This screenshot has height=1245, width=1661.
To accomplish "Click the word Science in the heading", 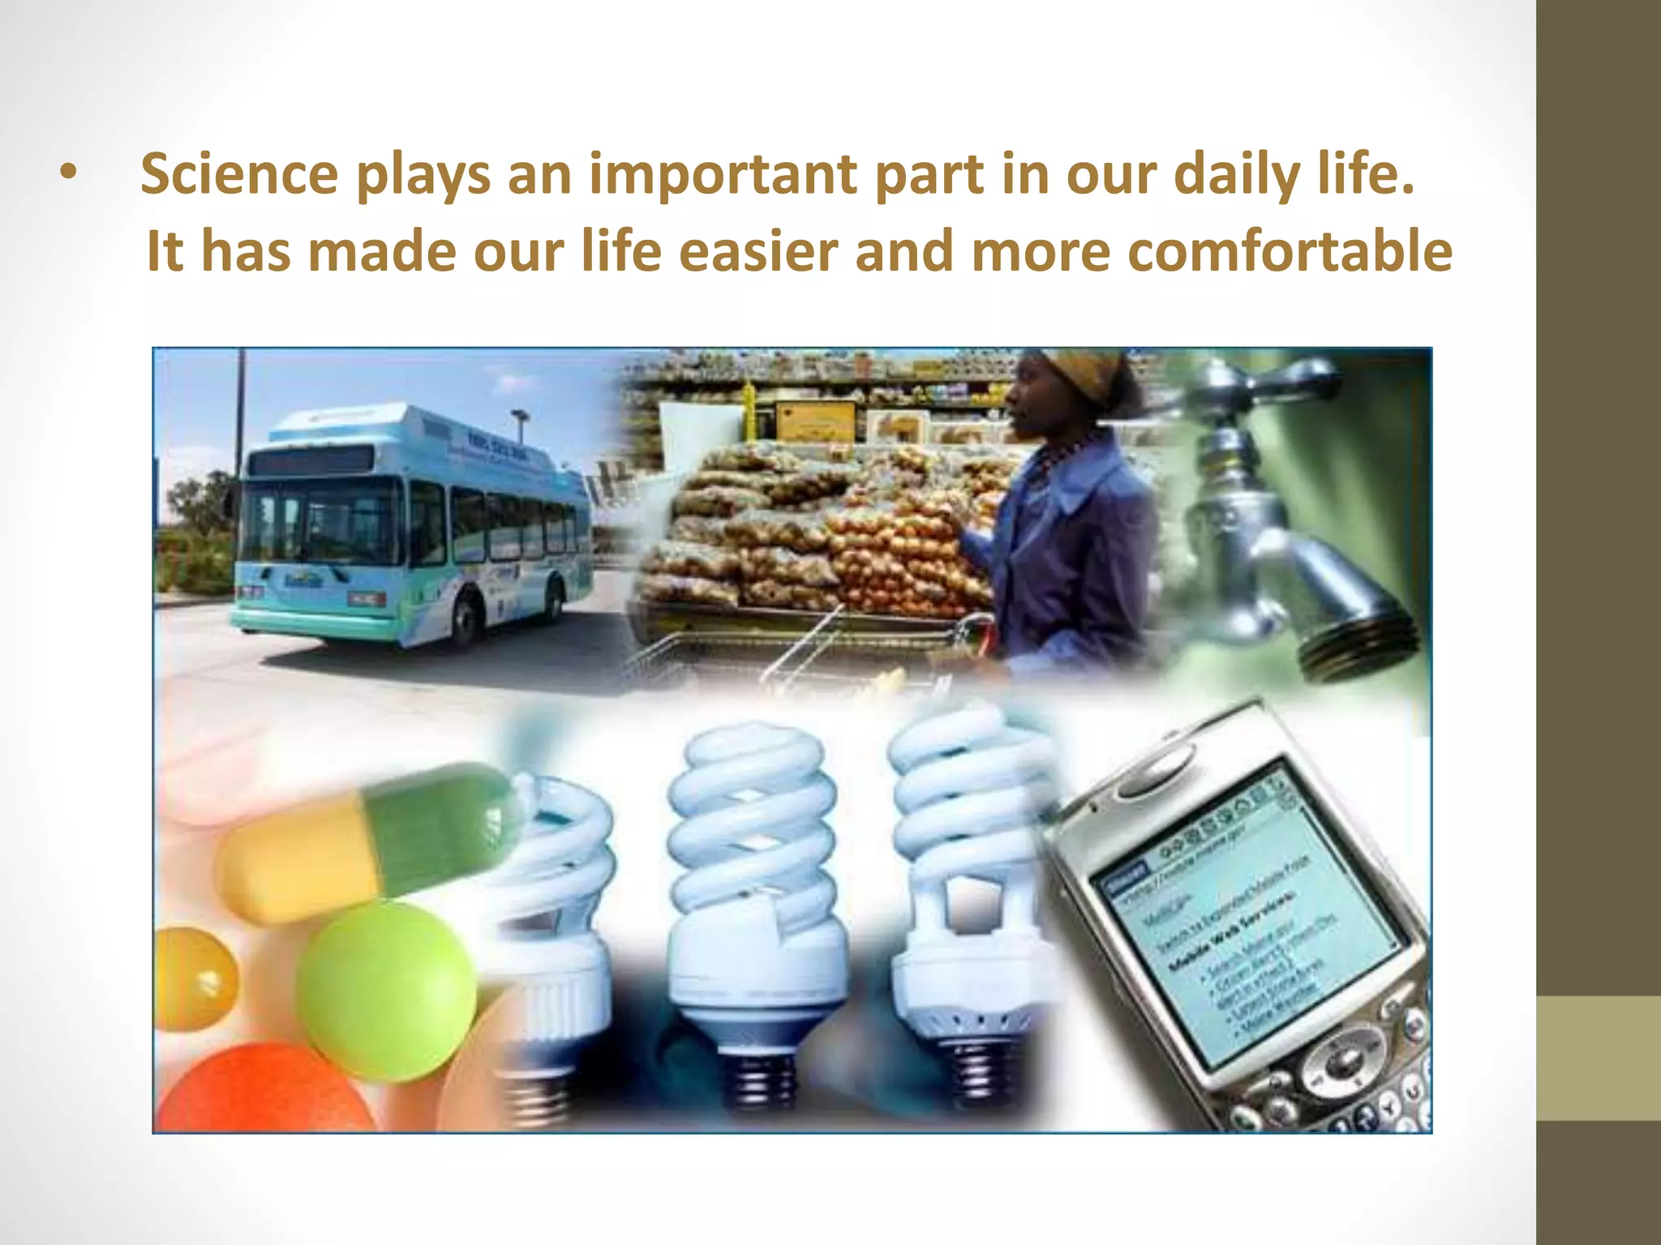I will click(x=239, y=174).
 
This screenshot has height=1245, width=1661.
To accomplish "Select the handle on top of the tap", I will click(x=1265, y=381).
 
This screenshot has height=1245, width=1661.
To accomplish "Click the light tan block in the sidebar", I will click(x=1599, y=1058).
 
